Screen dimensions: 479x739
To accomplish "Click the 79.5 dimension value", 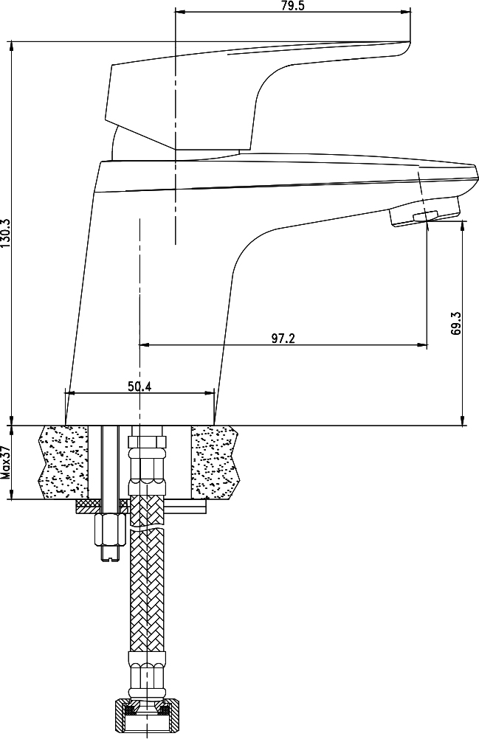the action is (x=293, y=6).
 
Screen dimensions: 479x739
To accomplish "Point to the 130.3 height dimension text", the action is (x=5, y=233).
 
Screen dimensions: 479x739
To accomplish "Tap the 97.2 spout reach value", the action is (x=283, y=338).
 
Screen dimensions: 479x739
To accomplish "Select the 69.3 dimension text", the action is (x=456, y=323).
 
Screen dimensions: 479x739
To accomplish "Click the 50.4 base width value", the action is (x=139, y=386).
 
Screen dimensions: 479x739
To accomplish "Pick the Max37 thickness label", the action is (x=5, y=462).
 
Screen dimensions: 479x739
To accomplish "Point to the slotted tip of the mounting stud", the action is (x=110, y=554).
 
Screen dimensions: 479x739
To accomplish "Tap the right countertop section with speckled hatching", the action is (x=215, y=462).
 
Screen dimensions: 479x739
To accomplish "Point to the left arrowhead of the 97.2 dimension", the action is (x=144, y=345).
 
